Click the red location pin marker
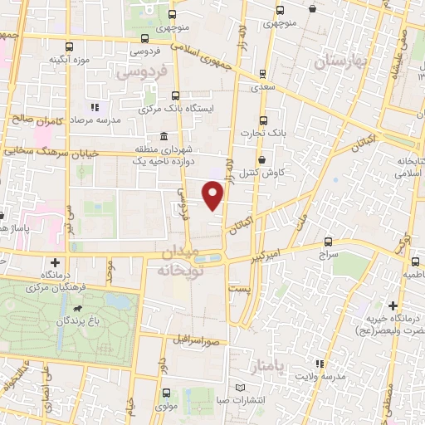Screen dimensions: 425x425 pos(214,196)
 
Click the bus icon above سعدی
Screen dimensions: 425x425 pos(262,74)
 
